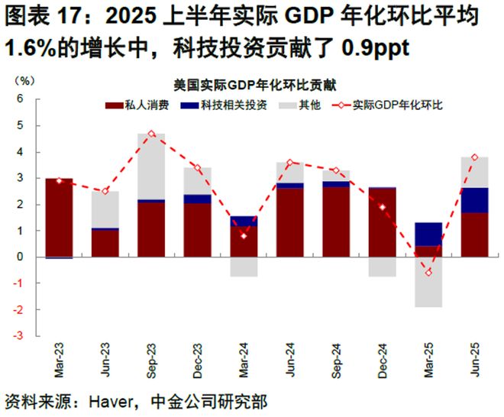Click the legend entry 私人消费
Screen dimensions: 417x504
tap(143, 105)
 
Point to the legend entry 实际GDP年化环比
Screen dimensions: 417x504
tap(397, 105)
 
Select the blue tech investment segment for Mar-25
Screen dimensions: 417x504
tap(428, 234)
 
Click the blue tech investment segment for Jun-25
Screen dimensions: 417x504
tap(474, 200)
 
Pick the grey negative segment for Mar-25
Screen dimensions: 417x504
tap(428, 282)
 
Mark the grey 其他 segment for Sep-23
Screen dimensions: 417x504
tap(151, 166)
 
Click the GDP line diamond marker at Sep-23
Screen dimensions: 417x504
tap(151, 134)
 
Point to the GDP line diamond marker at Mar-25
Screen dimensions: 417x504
tap(428, 272)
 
